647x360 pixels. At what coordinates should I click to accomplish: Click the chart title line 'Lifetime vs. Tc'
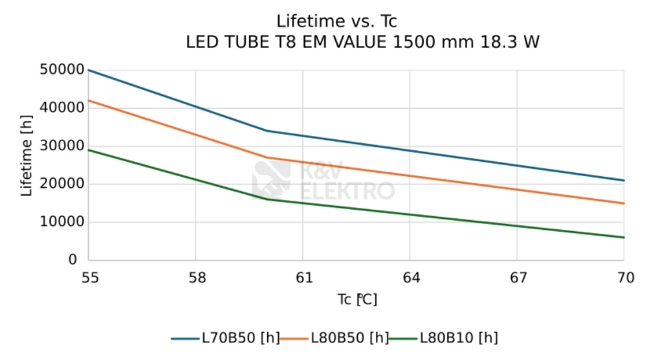point(336,21)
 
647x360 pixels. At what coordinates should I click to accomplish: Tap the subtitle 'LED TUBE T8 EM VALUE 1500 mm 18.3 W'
point(362,43)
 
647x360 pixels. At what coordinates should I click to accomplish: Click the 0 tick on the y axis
point(72,260)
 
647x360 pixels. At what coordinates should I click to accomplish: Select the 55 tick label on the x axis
point(90,278)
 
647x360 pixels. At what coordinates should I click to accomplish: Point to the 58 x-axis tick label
point(197,278)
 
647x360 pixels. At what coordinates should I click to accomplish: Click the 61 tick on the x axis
point(303,278)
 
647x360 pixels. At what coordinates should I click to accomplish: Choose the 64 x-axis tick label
point(411,278)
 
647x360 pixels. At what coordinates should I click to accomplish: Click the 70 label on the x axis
point(624,278)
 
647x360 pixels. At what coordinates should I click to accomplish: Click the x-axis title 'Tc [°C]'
point(356,300)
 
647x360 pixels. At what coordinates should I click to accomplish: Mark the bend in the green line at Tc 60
point(267,199)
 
